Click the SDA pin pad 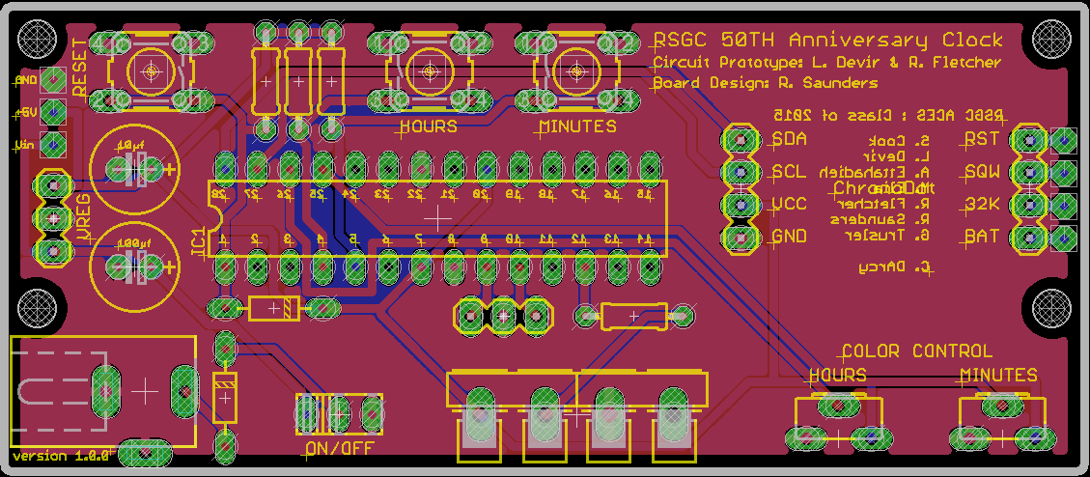click(x=741, y=139)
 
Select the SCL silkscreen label click(x=789, y=172)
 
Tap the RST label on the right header click(x=981, y=139)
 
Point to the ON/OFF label click(x=338, y=448)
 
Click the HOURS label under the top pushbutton click(x=428, y=126)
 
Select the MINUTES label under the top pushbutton click(x=577, y=126)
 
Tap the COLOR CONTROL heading click(x=916, y=351)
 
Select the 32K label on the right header click(x=981, y=205)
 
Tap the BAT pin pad click(x=1029, y=237)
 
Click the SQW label click(x=981, y=172)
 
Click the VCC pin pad click(x=741, y=205)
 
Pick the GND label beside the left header click(x=789, y=237)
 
